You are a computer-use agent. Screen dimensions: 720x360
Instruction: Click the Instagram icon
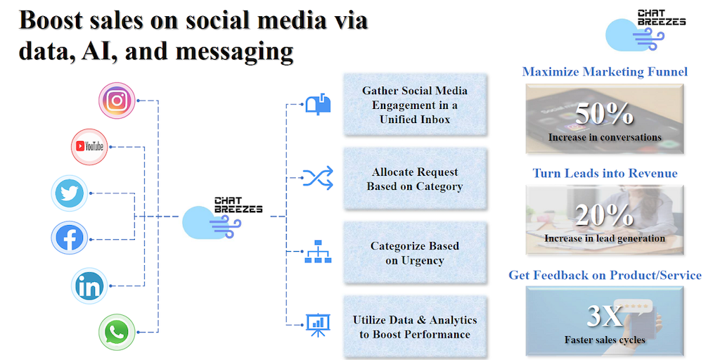(x=117, y=101)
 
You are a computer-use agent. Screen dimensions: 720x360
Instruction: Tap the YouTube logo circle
(x=89, y=146)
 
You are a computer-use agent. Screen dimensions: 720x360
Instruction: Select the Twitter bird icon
(x=70, y=193)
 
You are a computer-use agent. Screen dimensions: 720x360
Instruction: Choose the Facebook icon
(x=70, y=238)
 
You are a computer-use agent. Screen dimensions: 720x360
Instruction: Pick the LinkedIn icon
(x=89, y=285)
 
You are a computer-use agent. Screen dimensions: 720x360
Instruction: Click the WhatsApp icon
(x=117, y=332)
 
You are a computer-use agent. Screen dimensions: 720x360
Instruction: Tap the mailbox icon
(x=319, y=104)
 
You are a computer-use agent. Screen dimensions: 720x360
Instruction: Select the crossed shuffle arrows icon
(x=318, y=178)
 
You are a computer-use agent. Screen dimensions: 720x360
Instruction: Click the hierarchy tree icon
(x=319, y=252)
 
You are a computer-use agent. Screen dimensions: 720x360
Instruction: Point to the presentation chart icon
(x=319, y=325)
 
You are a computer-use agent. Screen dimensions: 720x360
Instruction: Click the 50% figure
(x=604, y=114)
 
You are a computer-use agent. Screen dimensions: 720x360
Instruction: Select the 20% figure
(x=604, y=215)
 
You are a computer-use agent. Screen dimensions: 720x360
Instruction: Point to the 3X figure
(x=605, y=316)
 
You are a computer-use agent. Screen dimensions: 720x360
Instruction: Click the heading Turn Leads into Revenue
(x=605, y=173)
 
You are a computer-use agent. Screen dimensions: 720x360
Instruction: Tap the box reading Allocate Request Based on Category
(x=415, y=179)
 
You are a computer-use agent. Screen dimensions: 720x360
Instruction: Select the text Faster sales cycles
(x=605, y=340)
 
